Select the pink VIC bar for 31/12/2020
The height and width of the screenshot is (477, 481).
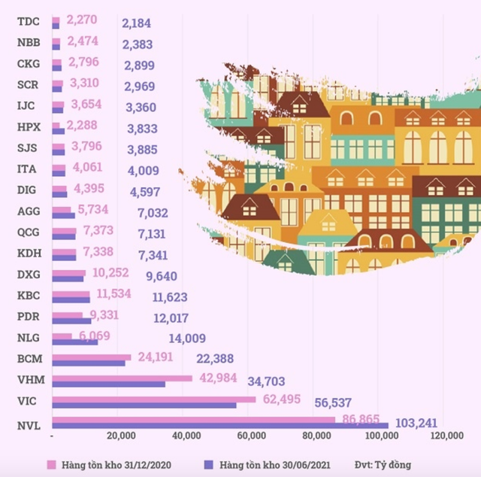tap(154, 400)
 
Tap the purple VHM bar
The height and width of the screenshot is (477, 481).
tap(109, 384)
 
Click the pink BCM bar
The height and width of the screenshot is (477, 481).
tap(91, 357)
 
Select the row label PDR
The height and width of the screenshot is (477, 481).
tap(29, 317)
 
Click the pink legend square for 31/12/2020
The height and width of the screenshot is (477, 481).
tap(53, 465)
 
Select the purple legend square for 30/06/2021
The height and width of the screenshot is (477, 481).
tap(208, 465)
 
